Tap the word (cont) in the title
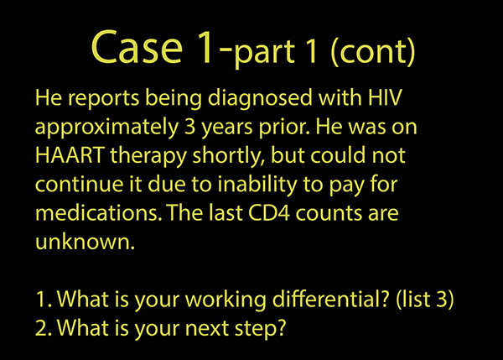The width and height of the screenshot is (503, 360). pyautogui.click(x=373, y=51)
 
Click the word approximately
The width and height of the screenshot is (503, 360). pyautogui.click(x=106, y=128)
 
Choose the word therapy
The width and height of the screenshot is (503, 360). pyautogui.click(x=148, y=156)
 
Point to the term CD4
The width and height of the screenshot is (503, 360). pyautogui.click(x=269, y=213)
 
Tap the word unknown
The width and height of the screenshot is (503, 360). pyautogui.click(x=85, y=242)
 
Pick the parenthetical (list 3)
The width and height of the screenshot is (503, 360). pyautogui.click(x=425, y=300)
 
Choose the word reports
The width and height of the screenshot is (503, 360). pyautogui.click(x=103, y=98)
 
